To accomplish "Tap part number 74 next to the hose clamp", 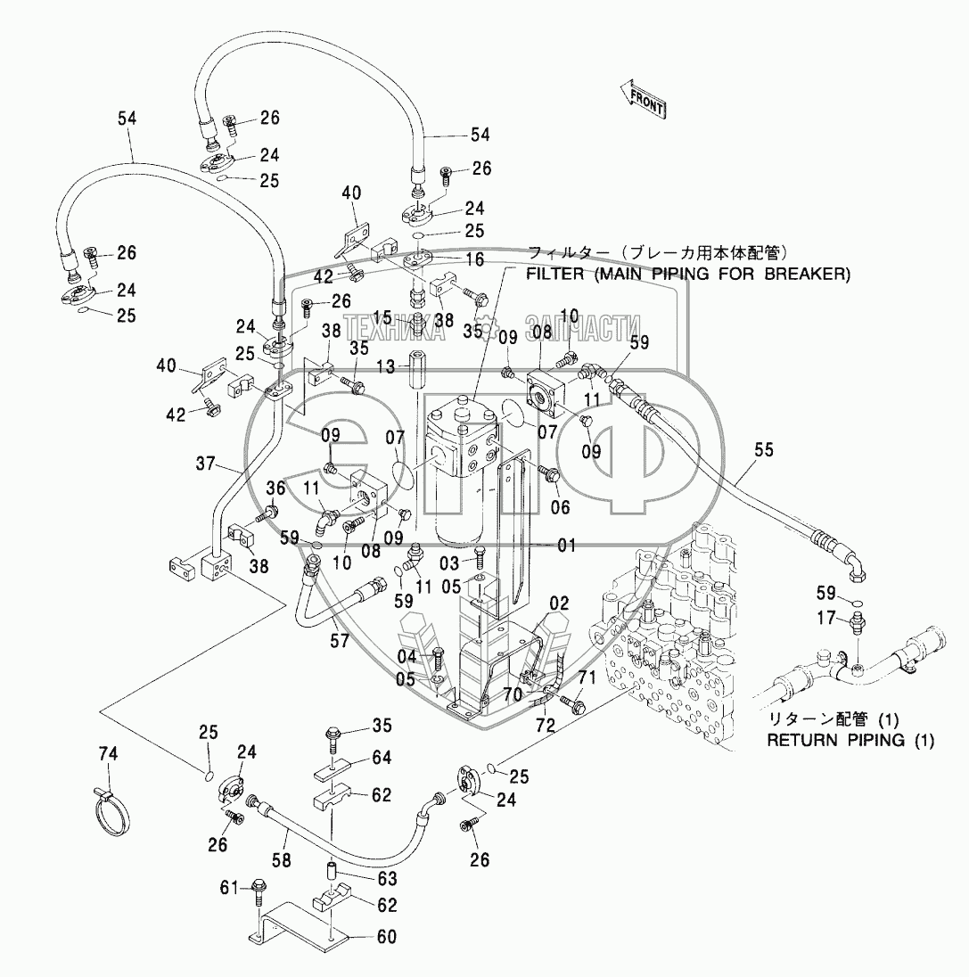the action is coord(108,754).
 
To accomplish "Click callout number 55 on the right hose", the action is coord(763,450).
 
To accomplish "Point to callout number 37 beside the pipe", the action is coord(205,464).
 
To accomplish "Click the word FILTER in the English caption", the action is coord(554,274).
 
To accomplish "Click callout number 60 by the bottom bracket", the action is coord(386,937).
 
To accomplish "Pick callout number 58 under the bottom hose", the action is coord(281,860).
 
